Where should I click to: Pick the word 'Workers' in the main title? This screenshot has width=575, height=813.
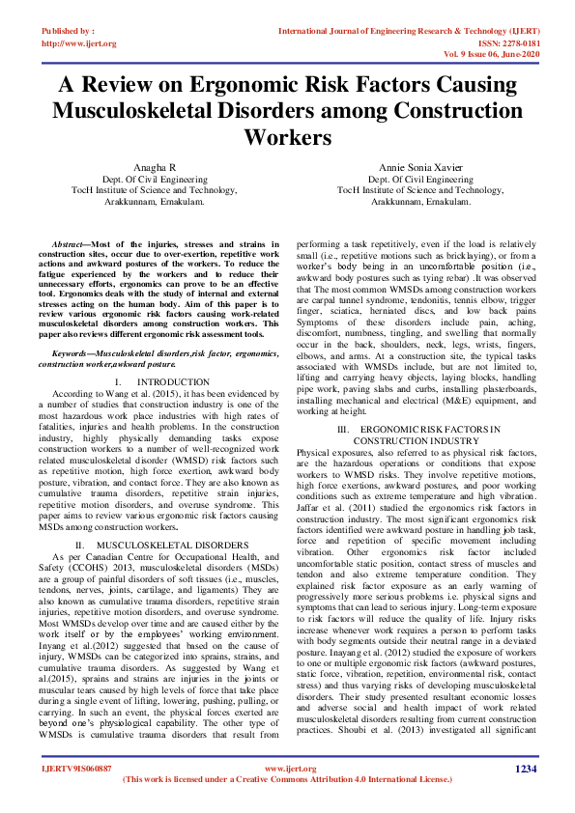coord(287,137)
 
